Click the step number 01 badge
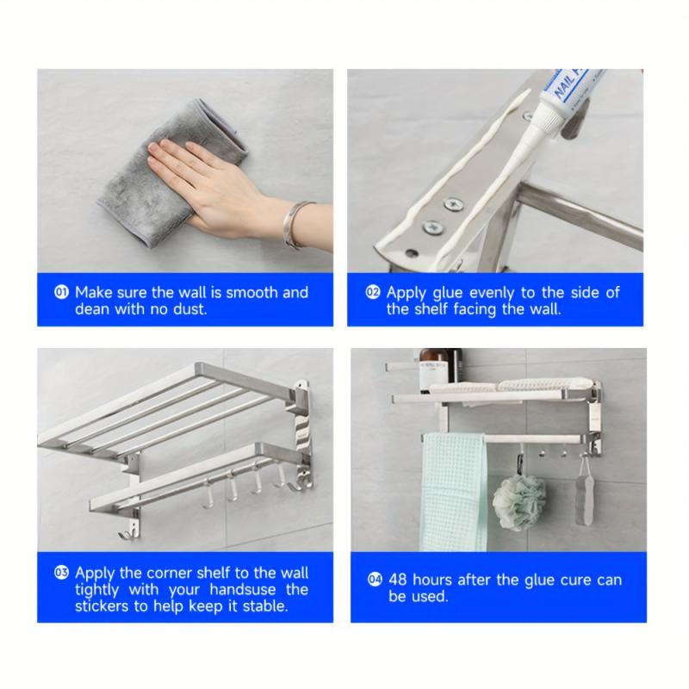[61, 292]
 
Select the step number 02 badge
[373, 292]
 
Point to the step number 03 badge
[61, 573]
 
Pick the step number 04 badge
[375, 580]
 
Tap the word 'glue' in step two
[447, 293]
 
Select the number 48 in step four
[398, 580]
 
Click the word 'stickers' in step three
[102, 606]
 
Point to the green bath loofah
[519, 502]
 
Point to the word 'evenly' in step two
[492, 293]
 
